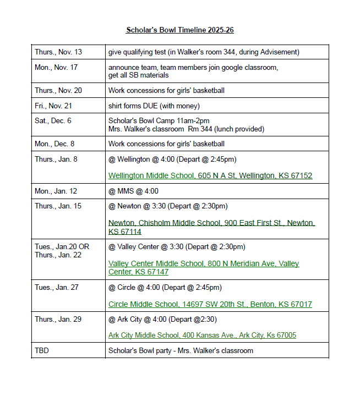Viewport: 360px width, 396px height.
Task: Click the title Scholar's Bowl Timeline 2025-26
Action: click(x=179, y=30)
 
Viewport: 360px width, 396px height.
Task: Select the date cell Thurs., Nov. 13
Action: click(x=58, y=52)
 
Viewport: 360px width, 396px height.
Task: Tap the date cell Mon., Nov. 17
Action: click(x=56, y=68)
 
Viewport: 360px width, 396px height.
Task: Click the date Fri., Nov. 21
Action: click(x=53, y=106)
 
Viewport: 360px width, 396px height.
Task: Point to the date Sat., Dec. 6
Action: click(x=53, y=120)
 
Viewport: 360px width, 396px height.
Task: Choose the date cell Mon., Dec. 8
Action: click(x=54, y=144)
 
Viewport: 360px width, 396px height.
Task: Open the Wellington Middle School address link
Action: click(x=210, y=176)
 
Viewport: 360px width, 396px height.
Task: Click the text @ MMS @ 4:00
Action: click(x=133, y=191)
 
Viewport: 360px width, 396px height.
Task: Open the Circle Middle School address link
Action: click(x=210, y=304)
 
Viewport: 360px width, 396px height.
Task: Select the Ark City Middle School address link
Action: click(x=202, y=335)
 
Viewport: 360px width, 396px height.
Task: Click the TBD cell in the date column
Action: click(x=42, y=350)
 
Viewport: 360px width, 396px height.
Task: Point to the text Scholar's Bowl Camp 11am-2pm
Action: click(x=159, y=120)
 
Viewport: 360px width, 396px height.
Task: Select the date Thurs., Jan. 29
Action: click(x=58, y=320)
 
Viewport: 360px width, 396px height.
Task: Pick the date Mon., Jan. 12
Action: click(x=56, y=191)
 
